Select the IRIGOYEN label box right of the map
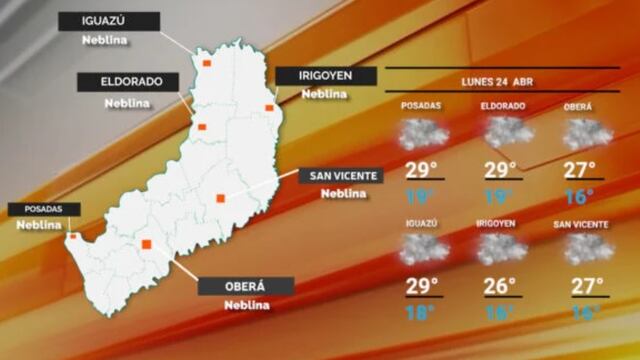[x=325, y=75]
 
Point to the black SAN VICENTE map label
[x=341, y=176]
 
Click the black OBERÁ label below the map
[x=245, y=286]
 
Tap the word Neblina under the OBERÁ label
[x=245, y=305]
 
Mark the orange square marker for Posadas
[x=72, y=237]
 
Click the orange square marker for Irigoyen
[x=269, y=108]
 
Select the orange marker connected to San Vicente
[x=220, y=197]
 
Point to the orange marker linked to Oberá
[x=147, y=243]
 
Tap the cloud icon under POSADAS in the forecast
[x=422, y=133]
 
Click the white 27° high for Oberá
[x=579, y=170]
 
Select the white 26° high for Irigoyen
[x=501, y=286]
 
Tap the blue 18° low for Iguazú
[x=421, y=314]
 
